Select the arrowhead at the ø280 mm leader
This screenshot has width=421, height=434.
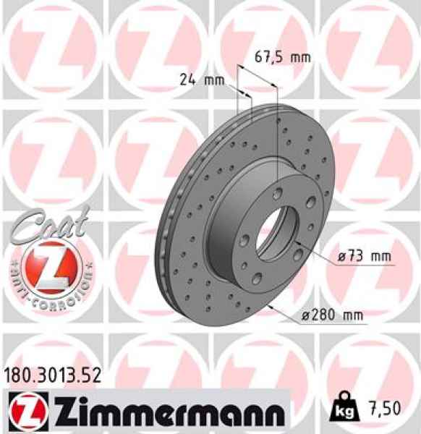270,307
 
